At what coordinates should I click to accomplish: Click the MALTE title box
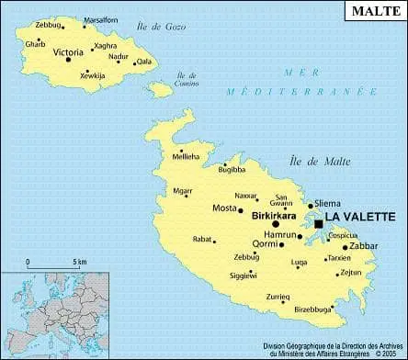[371, 11]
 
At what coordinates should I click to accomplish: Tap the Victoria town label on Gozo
[68, 52]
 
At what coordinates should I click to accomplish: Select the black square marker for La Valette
[319, 223]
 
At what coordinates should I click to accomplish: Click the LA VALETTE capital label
[361, 217]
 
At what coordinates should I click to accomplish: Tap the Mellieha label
[186, 157]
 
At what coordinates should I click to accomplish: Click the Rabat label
[202, 240]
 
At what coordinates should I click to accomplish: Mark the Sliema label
[327, 203]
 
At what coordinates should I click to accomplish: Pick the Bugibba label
[232, 170]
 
